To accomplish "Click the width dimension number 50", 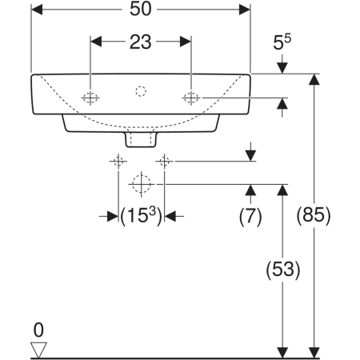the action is click(x=141, y=9).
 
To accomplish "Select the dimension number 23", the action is click(x=141, y=42).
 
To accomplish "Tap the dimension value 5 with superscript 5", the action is click(x=282, y=42).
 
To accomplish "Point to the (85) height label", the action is click(x=314, y=214).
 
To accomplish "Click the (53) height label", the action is click(x=283, y=269).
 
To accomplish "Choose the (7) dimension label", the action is click(x=250, y=216).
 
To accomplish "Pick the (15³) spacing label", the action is click(x=141, y=215).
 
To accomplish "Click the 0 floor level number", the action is click(x=38, y=330).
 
